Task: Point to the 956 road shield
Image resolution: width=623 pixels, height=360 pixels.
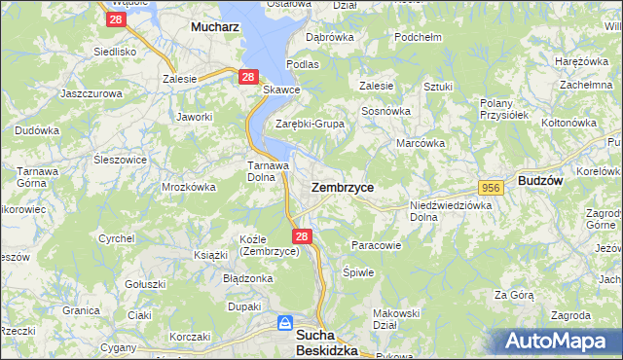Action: [490, 187]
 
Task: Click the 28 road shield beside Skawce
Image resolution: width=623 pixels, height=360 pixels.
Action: [248, 77]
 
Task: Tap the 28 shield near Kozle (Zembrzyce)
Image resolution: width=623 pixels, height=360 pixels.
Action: [302, 236]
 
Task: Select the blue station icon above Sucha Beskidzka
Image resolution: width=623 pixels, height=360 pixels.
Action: [284, 321]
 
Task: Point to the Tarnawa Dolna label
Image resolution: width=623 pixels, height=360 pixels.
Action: [264, 171]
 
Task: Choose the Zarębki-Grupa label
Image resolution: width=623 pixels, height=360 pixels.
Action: [311, 124]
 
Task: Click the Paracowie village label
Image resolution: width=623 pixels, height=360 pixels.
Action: [376, 245]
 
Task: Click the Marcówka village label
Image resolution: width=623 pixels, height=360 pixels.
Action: [421, 143]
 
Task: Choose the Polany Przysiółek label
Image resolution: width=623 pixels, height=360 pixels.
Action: [504, 108]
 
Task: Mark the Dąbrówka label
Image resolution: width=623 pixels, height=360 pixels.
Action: [328, 37]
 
